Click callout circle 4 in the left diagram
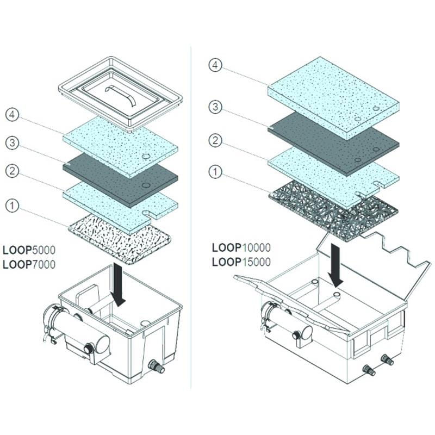tap(13, 116)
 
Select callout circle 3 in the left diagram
tap(13, 144)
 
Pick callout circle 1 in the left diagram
tap(13, 205)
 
